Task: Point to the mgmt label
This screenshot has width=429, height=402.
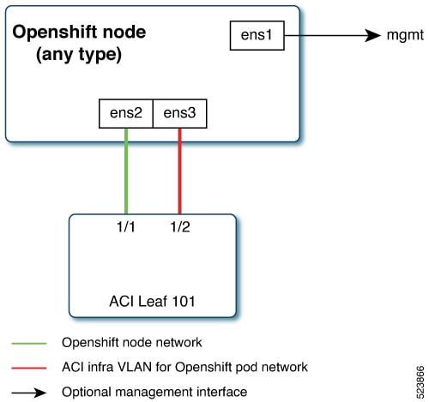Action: click(405, 35)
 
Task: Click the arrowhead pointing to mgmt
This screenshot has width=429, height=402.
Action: click(373, 35)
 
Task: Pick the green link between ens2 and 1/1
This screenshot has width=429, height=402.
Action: click(126, 171)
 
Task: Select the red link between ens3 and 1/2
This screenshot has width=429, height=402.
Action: click(180, 171)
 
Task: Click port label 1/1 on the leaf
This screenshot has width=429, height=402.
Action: click(126, 227)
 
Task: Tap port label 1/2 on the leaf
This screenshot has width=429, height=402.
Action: click(180, 227)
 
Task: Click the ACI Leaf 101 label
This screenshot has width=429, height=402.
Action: click(152, 302)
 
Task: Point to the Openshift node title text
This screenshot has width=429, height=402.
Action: click(79, 32)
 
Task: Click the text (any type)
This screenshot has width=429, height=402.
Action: click(79, 54)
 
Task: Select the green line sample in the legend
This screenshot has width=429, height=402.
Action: click(29, 343)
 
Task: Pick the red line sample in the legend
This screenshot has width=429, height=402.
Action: click(29, 368)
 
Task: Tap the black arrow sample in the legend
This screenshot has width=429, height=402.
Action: click(29, 393)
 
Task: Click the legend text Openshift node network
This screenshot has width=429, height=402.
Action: click(132, 342)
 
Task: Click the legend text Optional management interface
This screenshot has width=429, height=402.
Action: click(154, 392)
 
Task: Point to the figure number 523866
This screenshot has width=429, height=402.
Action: click(420, 382)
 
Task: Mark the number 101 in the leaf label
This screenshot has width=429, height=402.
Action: click(184, 302)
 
